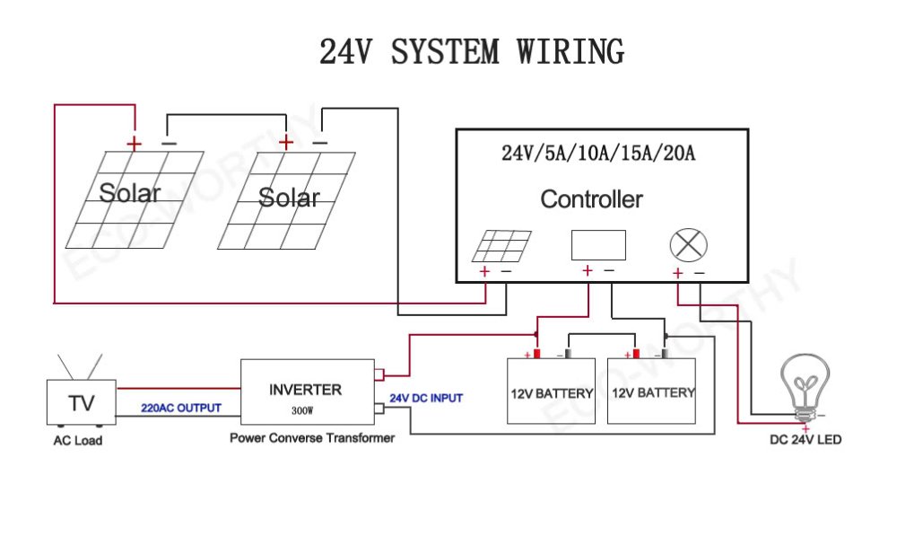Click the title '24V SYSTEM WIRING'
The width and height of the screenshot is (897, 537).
(472, 51)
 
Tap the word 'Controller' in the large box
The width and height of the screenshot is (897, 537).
(591, 199)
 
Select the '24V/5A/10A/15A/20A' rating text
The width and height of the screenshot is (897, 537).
(598, 153)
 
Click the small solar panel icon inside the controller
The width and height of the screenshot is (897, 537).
(501, 245)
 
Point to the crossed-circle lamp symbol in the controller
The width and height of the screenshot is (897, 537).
(688, 245)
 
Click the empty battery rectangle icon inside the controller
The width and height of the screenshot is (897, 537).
(598, 245)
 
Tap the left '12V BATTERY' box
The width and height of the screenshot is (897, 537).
(551, 391)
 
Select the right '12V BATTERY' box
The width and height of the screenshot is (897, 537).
(651, 391)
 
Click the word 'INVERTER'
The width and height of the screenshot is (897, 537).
(306, 390)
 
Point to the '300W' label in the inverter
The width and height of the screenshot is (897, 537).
(302, 410)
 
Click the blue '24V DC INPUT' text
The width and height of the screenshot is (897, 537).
(426, 398)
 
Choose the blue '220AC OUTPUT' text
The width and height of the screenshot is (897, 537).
(181, 409)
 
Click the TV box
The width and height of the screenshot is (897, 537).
(82, 402)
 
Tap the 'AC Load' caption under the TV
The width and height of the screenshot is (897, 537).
(78, 440)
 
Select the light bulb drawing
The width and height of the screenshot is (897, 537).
(806, 387)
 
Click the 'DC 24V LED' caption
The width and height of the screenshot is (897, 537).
(806, 440)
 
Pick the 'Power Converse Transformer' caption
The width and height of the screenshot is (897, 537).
(312, 438)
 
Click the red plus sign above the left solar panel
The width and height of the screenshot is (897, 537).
(134, 143)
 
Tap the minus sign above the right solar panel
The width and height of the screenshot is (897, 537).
(320, 143)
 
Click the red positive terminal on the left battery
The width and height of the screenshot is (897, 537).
(536, 354)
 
